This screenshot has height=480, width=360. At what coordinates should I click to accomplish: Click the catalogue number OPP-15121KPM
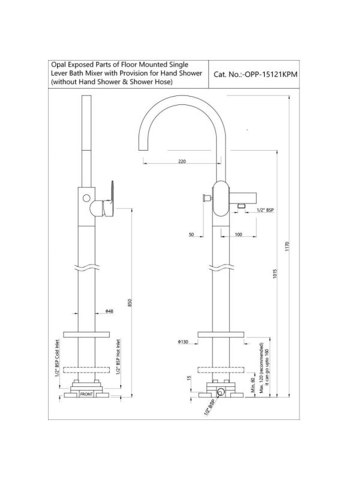pyautogui.click(x=269, y=74)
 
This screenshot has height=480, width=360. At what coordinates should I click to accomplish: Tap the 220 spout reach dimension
pyautogui.click(x=182, y=161)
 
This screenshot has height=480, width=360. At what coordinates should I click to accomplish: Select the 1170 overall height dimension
pyautogui.click(x=287, y=247)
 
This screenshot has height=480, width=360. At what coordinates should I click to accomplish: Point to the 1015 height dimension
pyautogui.click(x=275, y=274)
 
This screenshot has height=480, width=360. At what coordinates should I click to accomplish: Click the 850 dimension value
pyautogui.click(x=130, y=303)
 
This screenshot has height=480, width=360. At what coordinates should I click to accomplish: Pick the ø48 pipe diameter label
pyautogui.click(x=109, y=311)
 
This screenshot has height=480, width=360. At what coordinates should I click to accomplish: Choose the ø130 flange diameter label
pyautogui.click(x=183, y=341)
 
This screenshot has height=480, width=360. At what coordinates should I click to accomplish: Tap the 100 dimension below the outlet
pyautogui.click(x=238, y=235)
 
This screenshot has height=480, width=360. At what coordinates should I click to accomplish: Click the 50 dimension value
pyautogui.click(x=191, y=235)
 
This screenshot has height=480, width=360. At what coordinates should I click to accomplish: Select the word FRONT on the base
pyautogui.click(x=86, y=394)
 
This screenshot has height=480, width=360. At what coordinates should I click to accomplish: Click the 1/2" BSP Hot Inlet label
pyautogui.click(x=118, y=356)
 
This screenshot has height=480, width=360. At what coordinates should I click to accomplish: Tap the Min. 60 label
pyautogui.click(x=253, y=385)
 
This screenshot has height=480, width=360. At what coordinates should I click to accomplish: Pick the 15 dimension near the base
pyautogui.click(x=189, y=379)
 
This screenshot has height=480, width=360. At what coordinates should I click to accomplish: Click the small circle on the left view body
pyautogui.click(x=86, y=198)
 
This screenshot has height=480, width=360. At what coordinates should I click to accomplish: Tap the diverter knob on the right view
pyautogui.click(x=207, y=198)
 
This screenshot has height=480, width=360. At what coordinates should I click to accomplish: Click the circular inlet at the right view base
pyautogui.click(x=220, y=392)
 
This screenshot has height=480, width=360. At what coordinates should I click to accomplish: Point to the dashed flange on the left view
pyautogui.click(x=86, y=370)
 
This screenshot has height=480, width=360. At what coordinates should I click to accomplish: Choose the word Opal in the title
pyautogui.click(x=58, y=65)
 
